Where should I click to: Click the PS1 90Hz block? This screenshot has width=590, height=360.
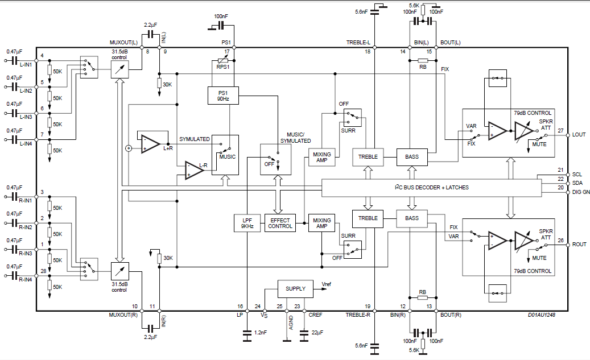(223, 96)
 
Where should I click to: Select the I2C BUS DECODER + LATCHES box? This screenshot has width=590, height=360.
(432, 188)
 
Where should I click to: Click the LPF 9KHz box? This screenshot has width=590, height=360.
(247, 223)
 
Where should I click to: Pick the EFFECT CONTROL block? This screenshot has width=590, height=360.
(280, 223)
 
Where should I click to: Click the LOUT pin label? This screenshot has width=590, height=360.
(579, 134)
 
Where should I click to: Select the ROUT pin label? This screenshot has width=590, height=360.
(579, 244)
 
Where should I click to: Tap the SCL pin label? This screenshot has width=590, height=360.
(577, 175)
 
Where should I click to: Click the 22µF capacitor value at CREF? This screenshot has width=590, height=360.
(316, 333)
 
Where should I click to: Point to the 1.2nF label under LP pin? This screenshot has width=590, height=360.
(261, 333)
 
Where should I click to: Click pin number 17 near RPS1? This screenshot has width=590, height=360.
(227, 52)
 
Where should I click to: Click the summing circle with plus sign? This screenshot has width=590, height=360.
(129, 148)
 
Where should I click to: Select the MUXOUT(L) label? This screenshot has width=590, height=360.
(123, 43)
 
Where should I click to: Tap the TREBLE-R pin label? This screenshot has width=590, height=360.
(358, 315)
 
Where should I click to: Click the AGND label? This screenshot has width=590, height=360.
(290, 324)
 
